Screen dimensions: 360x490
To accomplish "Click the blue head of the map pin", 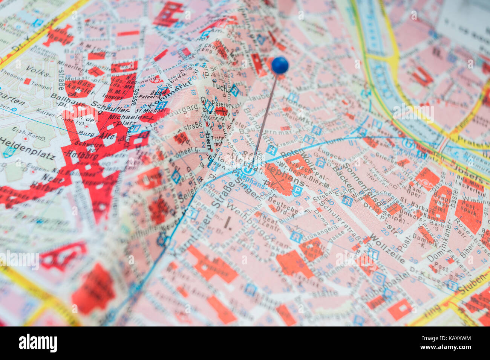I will (280, 65).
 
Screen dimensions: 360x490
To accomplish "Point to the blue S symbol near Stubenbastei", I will (379, 279).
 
